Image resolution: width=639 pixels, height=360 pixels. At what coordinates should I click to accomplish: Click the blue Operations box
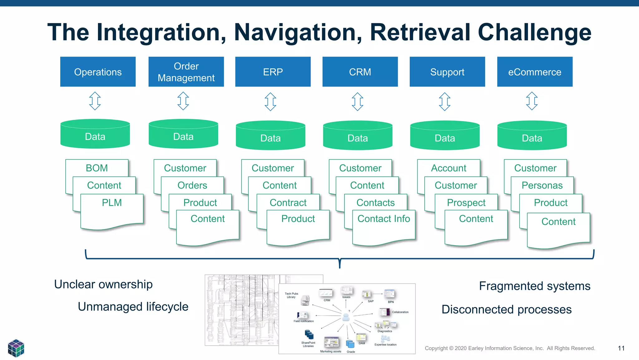[x=98, y=72]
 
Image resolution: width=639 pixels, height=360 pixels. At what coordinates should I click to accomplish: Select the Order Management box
[x=186, y=72]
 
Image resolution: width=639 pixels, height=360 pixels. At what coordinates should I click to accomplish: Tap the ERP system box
[x=273, y=72]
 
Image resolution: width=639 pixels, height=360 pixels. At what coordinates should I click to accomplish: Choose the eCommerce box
[x=534, y=72]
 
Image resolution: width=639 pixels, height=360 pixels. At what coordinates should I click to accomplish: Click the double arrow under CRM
[x=358, y=101]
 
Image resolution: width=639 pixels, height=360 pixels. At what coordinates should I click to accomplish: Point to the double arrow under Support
[x=445, y=101]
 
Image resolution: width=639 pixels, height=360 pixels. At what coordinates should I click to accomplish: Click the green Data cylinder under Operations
[x=95, y=135]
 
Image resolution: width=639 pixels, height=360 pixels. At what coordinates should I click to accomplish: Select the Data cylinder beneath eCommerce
[x=532, y=136]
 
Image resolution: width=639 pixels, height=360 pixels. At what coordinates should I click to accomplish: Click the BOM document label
[x=97, y=168]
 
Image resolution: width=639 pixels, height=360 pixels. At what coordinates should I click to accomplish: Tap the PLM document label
[x=112, y=203]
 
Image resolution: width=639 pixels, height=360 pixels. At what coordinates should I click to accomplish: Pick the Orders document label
[x=192, y=185]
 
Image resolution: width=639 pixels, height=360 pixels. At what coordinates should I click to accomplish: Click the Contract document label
[x=288, y=203]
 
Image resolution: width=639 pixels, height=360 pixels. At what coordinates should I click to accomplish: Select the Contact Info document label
[x=383, y=219]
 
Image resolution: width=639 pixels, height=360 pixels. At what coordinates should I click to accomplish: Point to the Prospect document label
[x=466, y=203]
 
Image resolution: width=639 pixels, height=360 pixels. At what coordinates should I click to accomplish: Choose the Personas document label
[x=542, y=185]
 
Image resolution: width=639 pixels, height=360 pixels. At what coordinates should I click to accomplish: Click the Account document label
[x=448, y=168]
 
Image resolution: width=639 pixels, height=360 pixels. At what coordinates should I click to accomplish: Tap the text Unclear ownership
[x=103, y=284]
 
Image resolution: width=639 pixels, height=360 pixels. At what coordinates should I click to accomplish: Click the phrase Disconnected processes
[x=506, y=309]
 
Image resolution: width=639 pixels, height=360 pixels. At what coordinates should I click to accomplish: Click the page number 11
[x=621, y=348]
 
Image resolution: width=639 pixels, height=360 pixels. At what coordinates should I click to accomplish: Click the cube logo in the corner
[x=16, y=348]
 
